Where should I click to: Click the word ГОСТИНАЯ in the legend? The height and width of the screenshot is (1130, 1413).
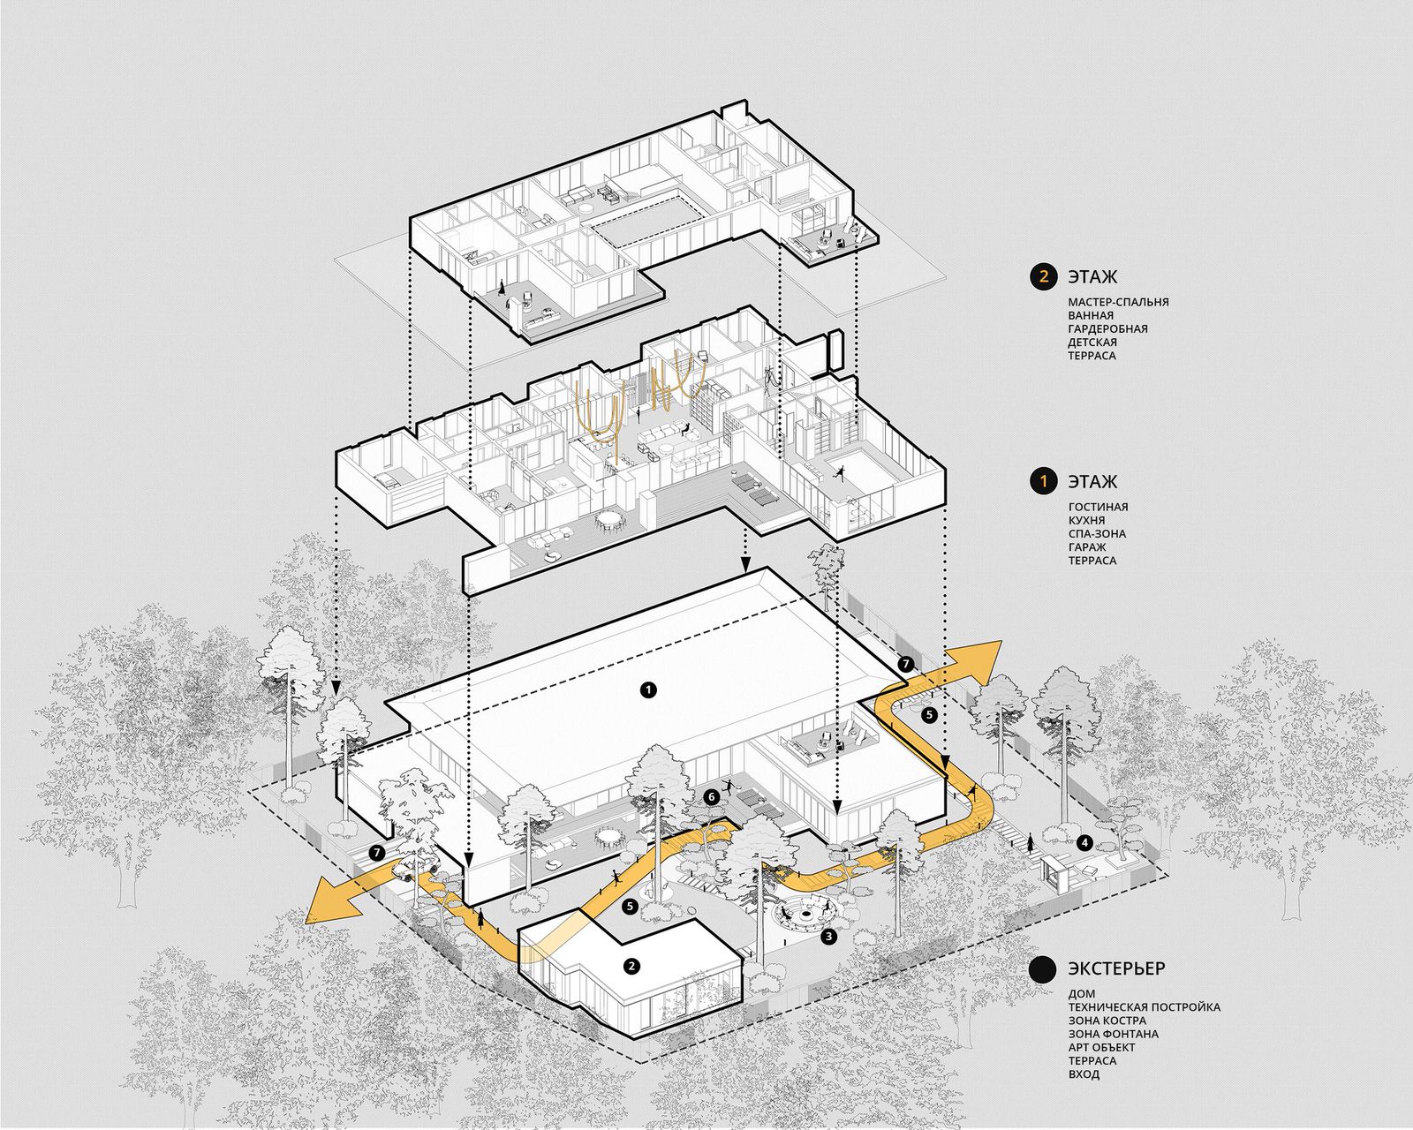click(x=1098, y=507)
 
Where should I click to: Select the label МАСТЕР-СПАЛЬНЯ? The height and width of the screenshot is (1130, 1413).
click(x=1118, y=302)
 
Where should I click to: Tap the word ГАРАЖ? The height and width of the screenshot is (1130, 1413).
click(x=1087, y=547)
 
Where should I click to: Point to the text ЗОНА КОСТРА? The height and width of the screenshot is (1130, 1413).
click(x=1107, y=1021)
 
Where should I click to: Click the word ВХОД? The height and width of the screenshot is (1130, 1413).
click(x=1084, y=1074)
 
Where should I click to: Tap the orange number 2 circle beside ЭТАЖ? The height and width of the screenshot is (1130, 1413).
click(x=1043, y=276)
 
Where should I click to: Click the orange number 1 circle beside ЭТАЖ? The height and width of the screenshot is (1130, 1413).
click(x=1043, y=481)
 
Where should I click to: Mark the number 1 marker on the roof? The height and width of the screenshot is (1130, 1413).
click(x=648, y=689)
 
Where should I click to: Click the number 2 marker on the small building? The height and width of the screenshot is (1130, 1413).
click(x=631, y=965)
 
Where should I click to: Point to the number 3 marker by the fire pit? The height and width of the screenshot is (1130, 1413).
click(x=828, y=936)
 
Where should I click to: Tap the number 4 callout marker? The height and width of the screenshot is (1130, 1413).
click(x=1084, y=841)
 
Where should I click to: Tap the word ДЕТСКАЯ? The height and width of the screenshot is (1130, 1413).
click(x=1092, y=342)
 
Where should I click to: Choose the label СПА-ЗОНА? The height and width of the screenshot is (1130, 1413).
click(x=1097, y=534)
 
